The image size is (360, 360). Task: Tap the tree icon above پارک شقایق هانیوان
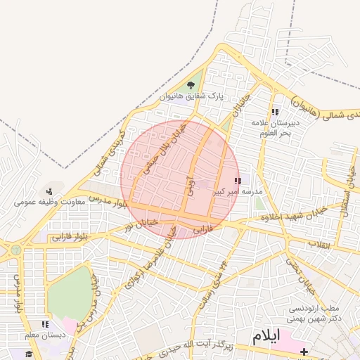point(191,86)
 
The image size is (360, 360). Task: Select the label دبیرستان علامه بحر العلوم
point(276,127)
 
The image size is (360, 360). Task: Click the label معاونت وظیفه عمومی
point(50,202)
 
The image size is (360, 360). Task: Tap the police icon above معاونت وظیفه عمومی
point(49,191)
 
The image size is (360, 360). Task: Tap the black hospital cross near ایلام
point(304,351)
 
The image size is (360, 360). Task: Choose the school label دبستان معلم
point(44,335)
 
